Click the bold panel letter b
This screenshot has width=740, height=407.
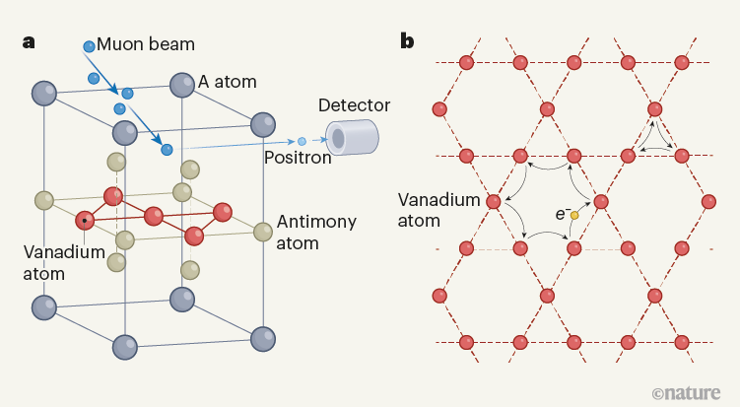point(407,41)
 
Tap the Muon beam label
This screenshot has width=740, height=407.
point(146,44)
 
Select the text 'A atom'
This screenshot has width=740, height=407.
point(228,82)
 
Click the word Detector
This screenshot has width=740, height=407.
point(355,105)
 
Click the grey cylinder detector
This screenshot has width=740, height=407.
point(352,138)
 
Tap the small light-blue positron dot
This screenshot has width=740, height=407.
point(303,142)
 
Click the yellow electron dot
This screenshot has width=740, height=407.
point(574,215)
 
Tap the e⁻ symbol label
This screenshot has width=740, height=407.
point(561,213)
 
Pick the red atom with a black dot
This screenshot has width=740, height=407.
point(86,220)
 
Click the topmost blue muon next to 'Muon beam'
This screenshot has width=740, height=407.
point(90,46)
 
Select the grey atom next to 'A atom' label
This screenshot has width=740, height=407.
point(181,85)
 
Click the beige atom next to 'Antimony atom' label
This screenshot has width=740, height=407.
point(262,233)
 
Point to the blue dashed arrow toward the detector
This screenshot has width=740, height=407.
point(246,145)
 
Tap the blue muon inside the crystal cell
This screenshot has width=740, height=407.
point(168,149)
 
